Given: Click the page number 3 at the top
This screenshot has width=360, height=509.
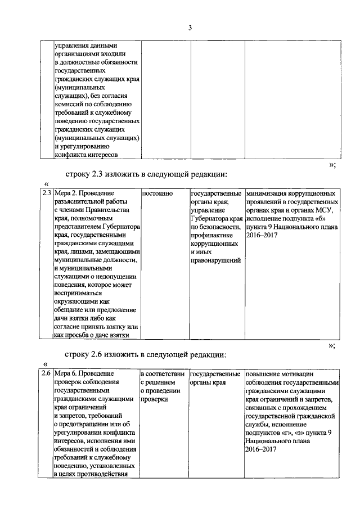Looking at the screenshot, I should coord(190,28).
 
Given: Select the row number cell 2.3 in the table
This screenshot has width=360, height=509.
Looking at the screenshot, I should coord(47,193).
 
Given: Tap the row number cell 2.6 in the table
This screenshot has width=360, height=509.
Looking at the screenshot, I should coord(47,373).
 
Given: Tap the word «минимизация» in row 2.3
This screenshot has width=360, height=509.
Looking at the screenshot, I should coord(267,193).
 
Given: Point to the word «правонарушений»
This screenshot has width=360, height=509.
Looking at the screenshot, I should coord(216,260).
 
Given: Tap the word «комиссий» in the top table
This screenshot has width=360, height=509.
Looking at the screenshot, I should coord(69,104).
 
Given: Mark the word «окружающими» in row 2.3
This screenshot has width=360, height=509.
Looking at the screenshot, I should coord(77,301).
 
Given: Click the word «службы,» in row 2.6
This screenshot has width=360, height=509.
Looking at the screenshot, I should coord(258,424).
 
